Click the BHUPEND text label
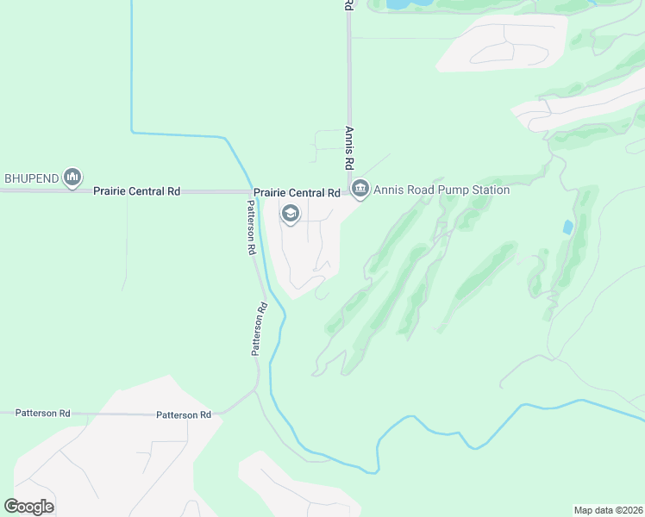[x=32, y=178]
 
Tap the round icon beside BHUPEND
[x=72, y=178]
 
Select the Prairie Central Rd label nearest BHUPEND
[x=136, y=191]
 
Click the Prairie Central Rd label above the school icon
[x=296, y=193]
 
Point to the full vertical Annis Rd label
[x=349, y=148]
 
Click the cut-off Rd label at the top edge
[x=348, y=4]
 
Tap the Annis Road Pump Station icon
[x=360, y=189]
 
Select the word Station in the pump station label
[x=487, y=190]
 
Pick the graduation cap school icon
[x=291, y=214]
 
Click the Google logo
[x=28, y=506]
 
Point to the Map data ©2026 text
[x=608, y=510]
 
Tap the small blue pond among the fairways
[x=567, y=227]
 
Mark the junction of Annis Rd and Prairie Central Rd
[x=349, y=191]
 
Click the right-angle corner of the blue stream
[x=132, y=132]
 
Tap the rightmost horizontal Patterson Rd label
[x=184, y=415]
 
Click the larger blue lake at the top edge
[x=398, y=3]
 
